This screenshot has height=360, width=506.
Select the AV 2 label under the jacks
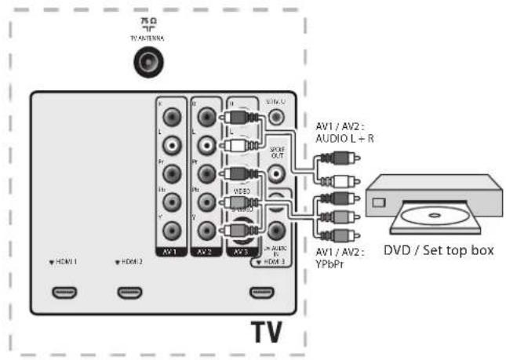pos(204,253)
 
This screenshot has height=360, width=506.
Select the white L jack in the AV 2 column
pos(206,144)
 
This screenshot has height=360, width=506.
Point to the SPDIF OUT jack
pos(276,173)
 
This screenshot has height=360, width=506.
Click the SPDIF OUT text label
pos(276,151)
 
